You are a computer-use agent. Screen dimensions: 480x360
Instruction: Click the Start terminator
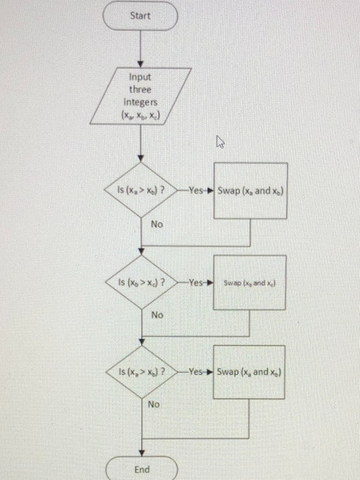140,16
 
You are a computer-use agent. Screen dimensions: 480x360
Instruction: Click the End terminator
142,469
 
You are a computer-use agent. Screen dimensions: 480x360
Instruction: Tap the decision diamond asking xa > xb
141,190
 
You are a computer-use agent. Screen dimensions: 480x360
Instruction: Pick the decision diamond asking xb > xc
141,282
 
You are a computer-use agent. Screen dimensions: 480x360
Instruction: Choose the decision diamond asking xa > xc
141,372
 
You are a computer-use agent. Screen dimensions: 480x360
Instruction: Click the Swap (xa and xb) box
250,190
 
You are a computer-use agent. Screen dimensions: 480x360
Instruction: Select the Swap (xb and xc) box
249,283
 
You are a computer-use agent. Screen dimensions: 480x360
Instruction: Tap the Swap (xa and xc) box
249,372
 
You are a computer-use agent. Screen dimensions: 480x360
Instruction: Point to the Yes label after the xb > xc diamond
195,283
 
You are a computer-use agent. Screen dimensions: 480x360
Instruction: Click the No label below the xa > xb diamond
157,225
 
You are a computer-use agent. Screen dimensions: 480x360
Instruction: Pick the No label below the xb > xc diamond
157,315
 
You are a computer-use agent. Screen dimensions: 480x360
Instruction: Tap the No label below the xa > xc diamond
154,404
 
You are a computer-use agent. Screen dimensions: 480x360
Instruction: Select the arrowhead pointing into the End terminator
142,453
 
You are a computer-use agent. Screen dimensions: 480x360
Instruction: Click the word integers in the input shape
141,101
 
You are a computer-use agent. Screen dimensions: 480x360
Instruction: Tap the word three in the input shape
141,89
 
